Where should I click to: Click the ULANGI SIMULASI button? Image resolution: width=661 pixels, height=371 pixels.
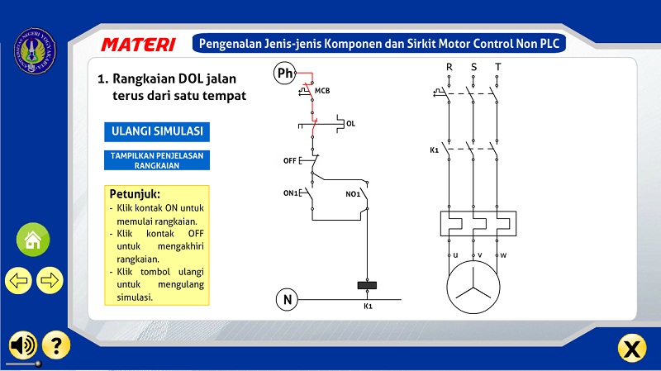[x=157, y=131]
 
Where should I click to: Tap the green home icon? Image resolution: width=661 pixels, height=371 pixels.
[x=33, y=240]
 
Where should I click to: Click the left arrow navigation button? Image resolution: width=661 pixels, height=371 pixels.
[x=18, y=280]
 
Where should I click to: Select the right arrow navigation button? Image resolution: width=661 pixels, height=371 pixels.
[x=50, y=280]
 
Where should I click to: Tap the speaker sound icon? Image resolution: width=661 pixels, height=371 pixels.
[x=22, y=345]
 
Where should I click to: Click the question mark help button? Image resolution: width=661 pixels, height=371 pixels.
[x=56, y=345]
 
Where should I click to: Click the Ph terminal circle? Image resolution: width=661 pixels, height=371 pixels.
[x=284, y=74]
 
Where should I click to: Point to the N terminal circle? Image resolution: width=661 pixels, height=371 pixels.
[x=287, y=299]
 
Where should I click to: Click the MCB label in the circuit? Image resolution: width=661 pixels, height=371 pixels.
[x=322, y=90]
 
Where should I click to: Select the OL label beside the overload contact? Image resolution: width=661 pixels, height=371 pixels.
[x=350, y=124]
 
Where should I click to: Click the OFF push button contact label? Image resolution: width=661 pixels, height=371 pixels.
[x=290, y=159]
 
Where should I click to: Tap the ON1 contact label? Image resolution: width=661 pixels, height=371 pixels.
[x=290, y=193]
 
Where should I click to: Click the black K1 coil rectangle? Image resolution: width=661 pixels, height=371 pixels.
[x=367, y=286]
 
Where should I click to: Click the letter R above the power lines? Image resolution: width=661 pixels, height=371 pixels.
[x=449, y=66]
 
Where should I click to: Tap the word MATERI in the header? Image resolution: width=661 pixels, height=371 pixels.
[x=138, y=44]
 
